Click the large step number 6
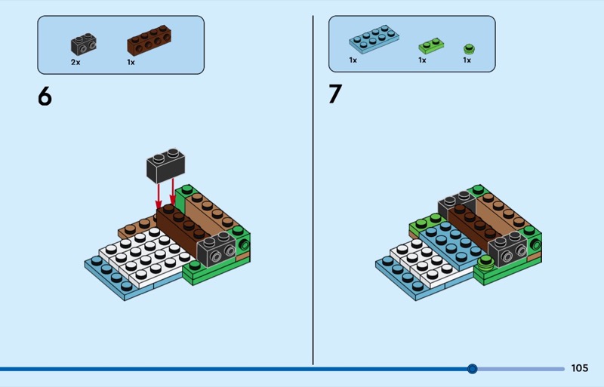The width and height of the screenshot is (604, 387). coord(45,97)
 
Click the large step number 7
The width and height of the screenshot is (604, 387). coord(334,95)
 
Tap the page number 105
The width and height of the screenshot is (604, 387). coord(579,369)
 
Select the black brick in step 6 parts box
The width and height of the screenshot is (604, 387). coord(84,43)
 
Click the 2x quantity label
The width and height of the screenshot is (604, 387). coord(75,62)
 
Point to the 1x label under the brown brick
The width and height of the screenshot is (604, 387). coord(131,62)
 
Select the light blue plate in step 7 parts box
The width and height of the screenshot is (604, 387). coord(374,40)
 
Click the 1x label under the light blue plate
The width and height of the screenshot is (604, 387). coord(353,60)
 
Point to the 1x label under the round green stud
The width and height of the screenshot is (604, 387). coord(467,60)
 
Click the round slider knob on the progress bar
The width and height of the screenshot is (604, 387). coord(473,369)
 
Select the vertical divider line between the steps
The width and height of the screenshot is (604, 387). coord(313,189)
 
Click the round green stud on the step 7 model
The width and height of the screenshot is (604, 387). coord(485,262)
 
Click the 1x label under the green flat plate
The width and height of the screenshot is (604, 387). coord(423,60)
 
